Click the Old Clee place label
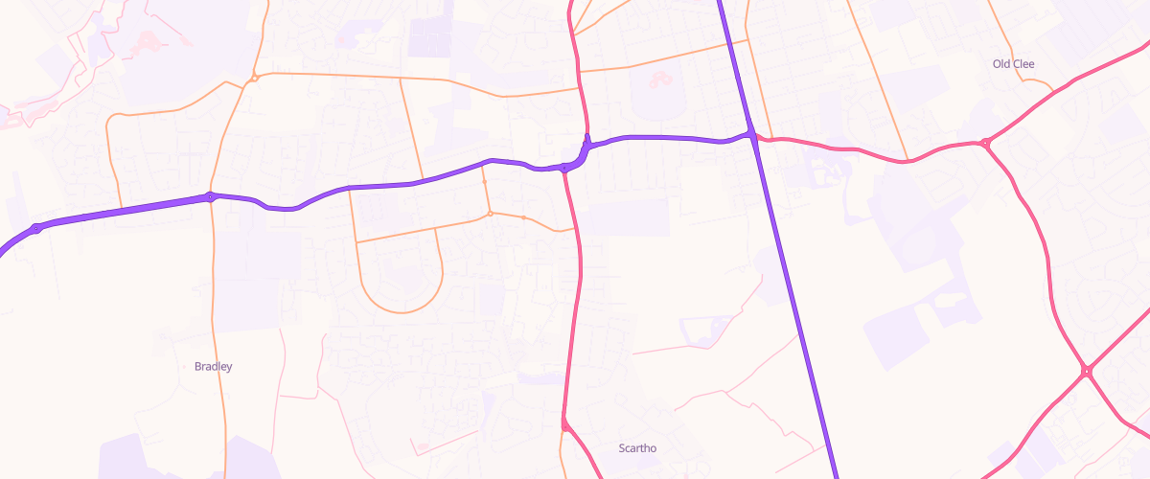(1014, 64)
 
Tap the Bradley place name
(213, 366)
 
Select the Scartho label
(637, 447)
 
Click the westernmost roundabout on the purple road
(36, 228)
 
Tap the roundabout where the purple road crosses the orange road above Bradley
(210, 197)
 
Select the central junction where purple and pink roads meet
(565, 168)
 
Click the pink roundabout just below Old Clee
(985, 144)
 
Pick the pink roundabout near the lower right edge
(1087, 370)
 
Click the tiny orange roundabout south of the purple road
(490, 214)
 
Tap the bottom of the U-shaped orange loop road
(402, 311)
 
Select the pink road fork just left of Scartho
(564, 422)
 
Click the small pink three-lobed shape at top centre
(660, 78)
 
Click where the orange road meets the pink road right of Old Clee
(1053, 90)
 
